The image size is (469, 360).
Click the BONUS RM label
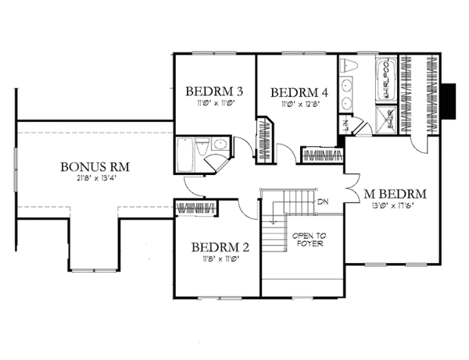(95, 167)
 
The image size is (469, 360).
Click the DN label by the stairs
(322, 202)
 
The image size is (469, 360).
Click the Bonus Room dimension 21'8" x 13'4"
(95, 180)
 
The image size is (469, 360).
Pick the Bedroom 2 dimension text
(220, 259)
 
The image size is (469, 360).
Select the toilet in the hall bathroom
(202, 144)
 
